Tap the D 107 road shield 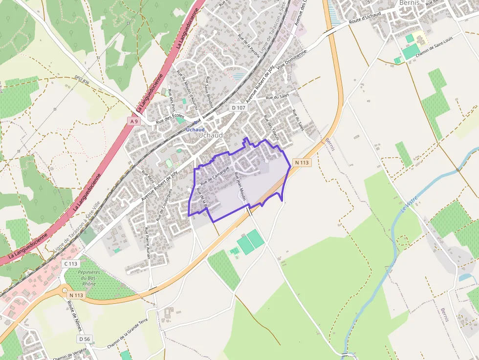[239, 107]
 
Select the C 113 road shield [70, 264]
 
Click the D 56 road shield [84, 339]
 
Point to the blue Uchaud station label [195, 129]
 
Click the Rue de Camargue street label [215, 174]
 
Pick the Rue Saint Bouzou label [209, 90]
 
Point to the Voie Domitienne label [292, 61]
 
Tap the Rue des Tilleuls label [271, 128]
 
